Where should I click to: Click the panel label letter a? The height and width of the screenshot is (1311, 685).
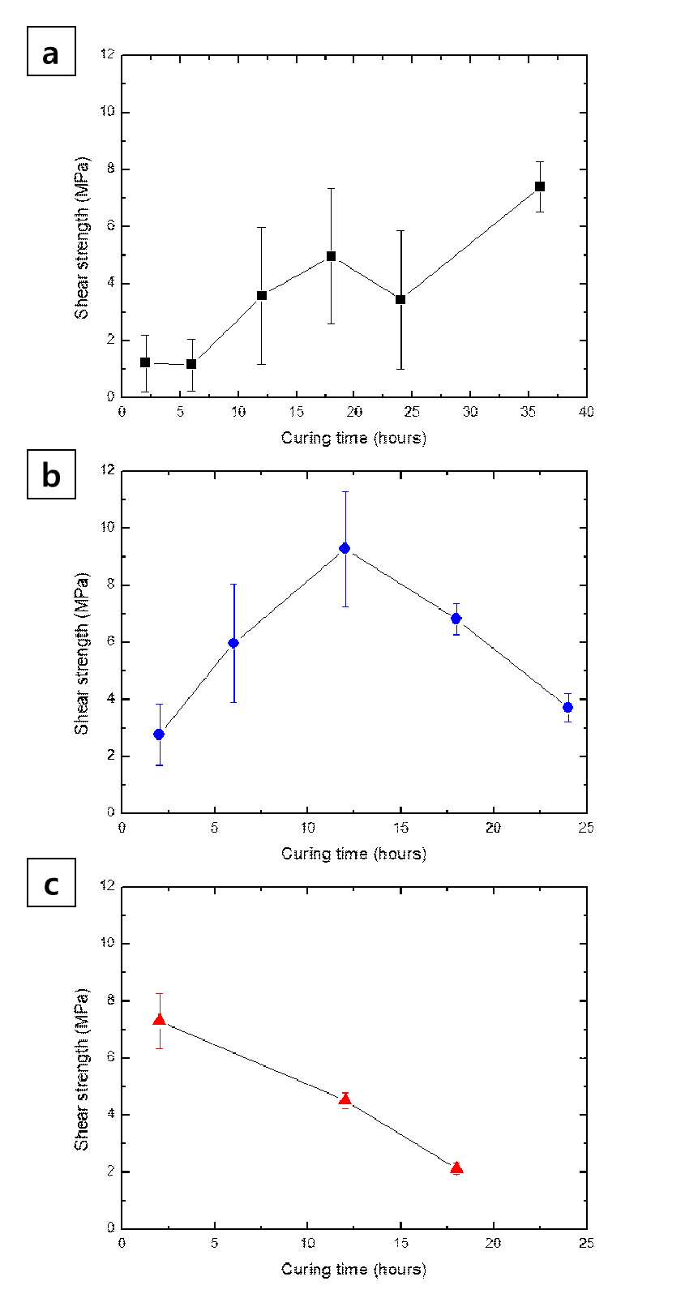[x=51, y=54]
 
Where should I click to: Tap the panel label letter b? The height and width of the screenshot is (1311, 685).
[x=52, y=474]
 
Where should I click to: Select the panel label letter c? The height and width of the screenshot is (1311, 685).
[x=52, y=885]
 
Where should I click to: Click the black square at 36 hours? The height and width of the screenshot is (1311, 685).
[x=540, y=186]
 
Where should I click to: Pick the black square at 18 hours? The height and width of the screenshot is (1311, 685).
[x=331, y=255]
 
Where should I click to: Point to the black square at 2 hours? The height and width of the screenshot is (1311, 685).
[x=145, y=362]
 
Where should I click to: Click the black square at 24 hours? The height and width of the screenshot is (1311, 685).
[x=400, y=299]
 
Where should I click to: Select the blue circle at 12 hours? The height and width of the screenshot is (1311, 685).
[x=345, y=548]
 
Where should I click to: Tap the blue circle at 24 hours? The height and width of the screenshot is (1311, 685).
[x=567, y=707]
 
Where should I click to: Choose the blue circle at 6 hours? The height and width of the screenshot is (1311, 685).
[x=233, y=643]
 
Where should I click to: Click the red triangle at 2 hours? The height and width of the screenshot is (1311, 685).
[x=159, y=1020]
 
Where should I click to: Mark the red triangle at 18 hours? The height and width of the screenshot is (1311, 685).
[x=456, y=1167]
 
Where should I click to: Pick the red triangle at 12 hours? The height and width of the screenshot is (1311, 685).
[x=345, y=1099]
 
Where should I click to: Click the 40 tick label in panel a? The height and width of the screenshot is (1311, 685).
[x=586, y=412]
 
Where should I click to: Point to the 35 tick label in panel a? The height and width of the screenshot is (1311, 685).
[x=529, y=412]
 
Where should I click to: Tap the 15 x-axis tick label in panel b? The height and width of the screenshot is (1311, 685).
[x=400, y=828]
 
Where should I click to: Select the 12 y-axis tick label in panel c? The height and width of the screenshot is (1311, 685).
[x=107, y=885]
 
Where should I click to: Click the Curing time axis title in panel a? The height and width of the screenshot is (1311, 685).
[x=353, y=438]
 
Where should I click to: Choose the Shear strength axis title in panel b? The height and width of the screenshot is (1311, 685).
[x=82, y=653]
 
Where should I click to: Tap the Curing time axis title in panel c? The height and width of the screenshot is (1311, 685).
[x=353, y=1269]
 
